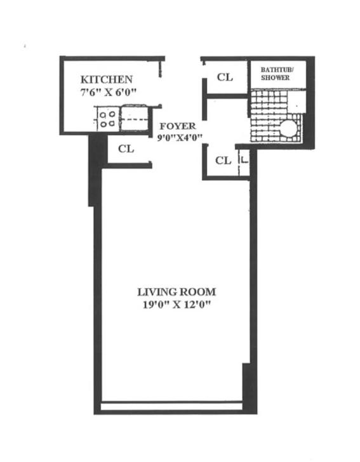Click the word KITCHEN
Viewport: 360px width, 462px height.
tap(106, 79)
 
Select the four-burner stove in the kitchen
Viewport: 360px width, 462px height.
tap(106, 119)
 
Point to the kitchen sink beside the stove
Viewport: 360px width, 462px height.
tap(134, 118)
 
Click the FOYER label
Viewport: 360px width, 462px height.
tap(177, 126)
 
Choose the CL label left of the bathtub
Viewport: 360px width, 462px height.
tap(225, 77)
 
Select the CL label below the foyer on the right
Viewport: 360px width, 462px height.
tap(223, 161)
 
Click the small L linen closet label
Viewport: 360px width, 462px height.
tap(244, 162)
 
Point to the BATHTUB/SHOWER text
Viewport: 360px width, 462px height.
tap(275, 73)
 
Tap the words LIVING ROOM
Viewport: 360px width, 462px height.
tap(176, 292)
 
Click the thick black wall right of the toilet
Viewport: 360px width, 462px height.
tap(310, 127)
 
